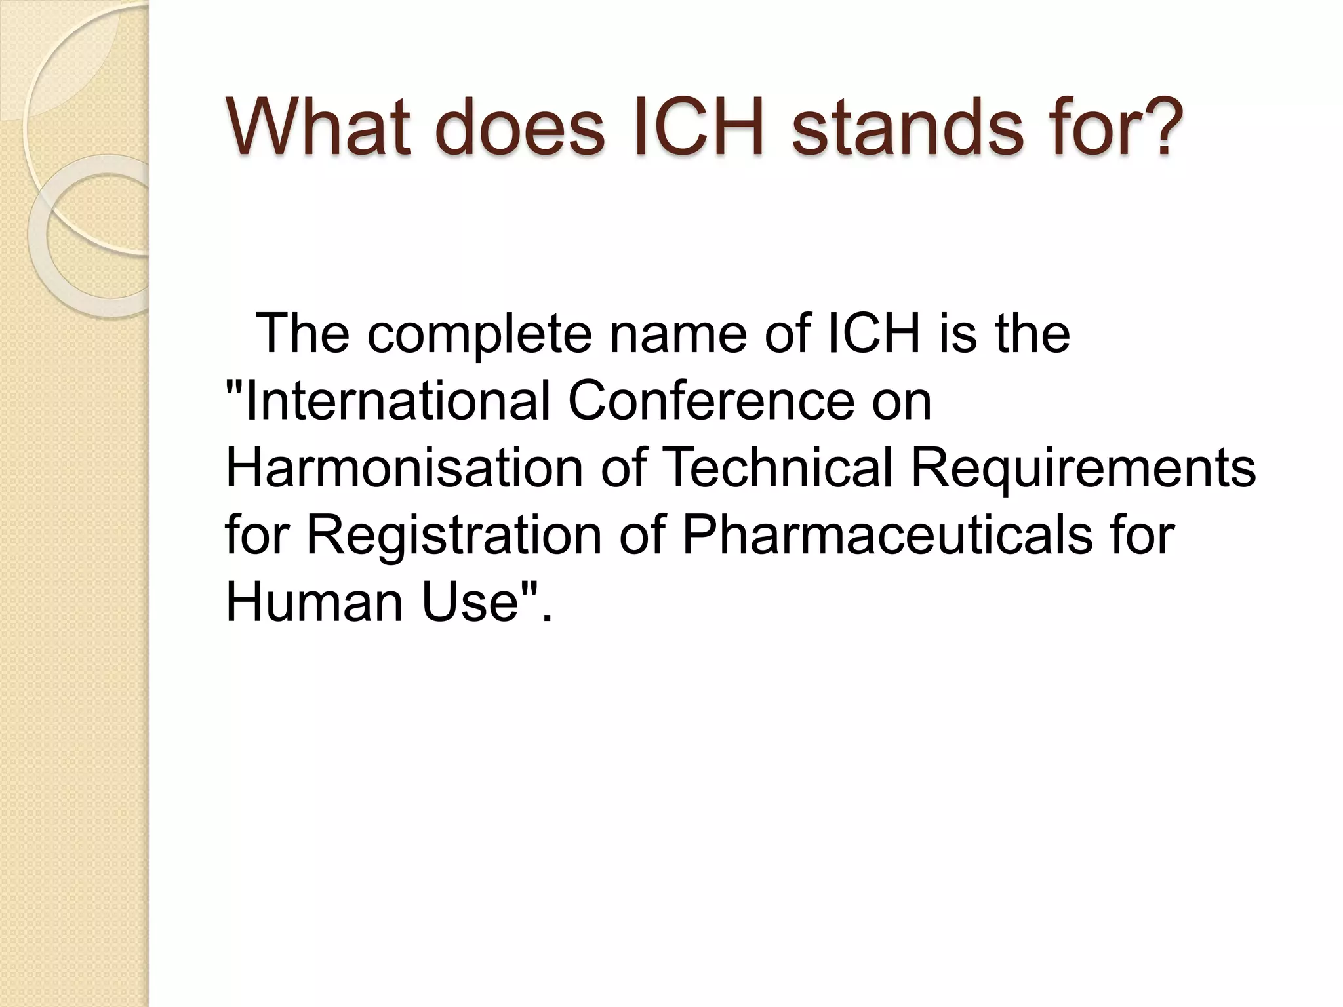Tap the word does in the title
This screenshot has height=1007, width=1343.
[x=519, y=127]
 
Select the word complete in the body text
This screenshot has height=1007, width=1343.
[x=479, y=334]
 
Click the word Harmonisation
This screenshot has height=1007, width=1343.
[x=404, y=468]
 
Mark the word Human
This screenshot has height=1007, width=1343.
[x=314, y=602]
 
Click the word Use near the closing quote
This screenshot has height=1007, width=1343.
[x=470, y=602]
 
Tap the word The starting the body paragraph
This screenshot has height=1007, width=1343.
[x=302, y=334]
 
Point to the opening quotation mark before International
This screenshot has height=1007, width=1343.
[x=233, y=387]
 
